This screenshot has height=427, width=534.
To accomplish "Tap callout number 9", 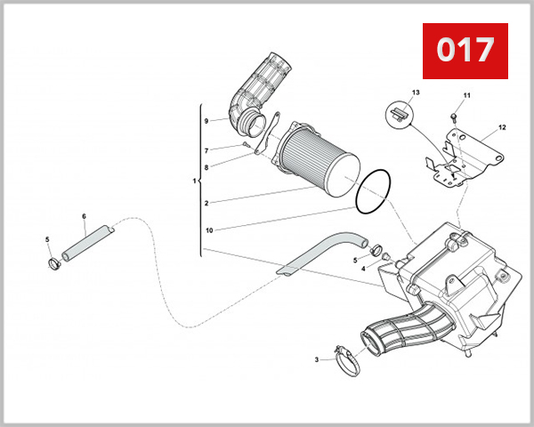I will point(206,120).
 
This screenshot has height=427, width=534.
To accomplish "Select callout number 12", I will point(502,127).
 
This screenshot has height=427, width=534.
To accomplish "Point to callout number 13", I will point(416,93).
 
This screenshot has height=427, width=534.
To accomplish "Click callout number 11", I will point(465,95).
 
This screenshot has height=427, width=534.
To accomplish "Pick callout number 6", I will point(84,216).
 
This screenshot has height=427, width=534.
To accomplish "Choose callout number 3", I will point(316,359).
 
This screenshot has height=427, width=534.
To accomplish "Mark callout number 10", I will point(207,230).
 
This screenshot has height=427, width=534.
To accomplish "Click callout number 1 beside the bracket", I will point(194,181).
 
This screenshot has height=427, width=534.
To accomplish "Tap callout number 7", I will point(206,149).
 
